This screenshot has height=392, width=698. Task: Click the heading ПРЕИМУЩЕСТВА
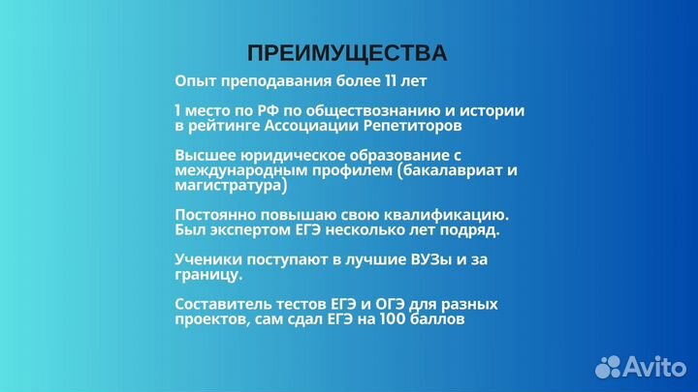347,52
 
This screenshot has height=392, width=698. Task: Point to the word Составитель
226,304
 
